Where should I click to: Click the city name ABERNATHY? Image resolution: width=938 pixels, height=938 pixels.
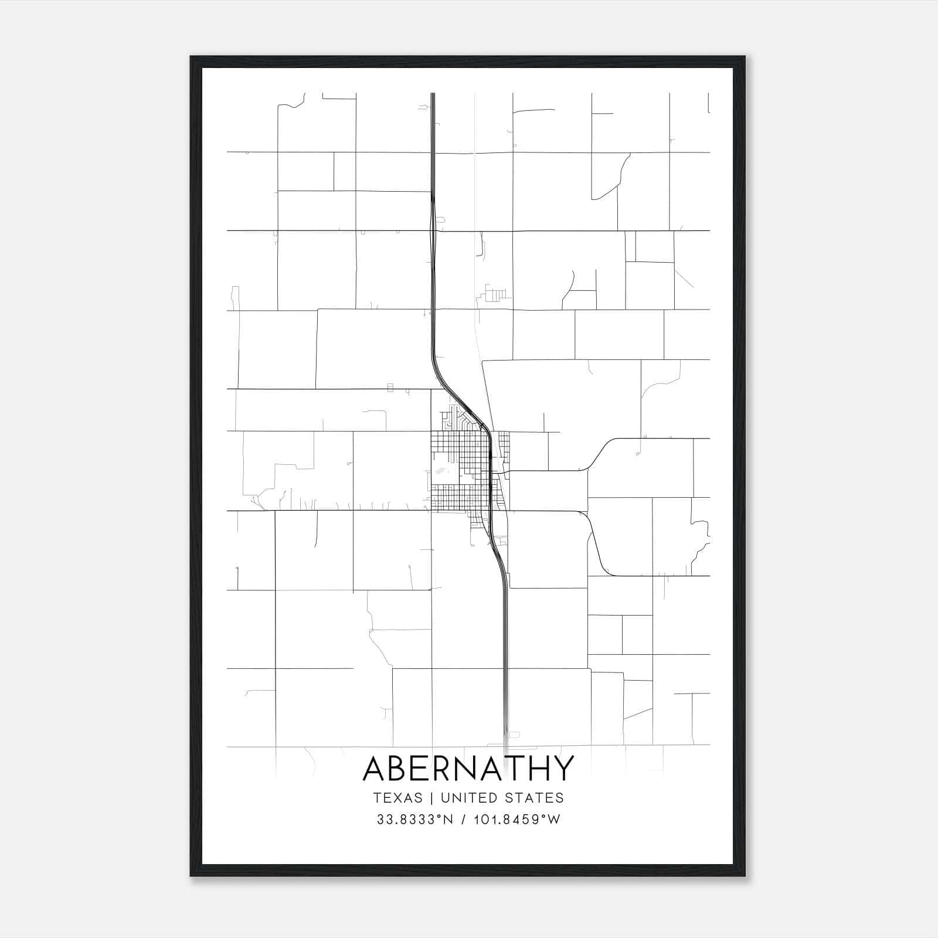[468, 768]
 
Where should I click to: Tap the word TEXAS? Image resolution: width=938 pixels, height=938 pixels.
[397, 798]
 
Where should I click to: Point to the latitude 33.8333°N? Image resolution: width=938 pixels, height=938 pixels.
[415, 820]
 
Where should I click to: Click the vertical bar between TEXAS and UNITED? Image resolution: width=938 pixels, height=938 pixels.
[431, 798]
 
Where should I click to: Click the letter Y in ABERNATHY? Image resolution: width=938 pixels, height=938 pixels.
[562, 768]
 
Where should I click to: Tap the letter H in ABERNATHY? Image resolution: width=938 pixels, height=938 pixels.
[536, 768]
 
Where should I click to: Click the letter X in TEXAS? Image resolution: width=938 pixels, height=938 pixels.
[397, 798]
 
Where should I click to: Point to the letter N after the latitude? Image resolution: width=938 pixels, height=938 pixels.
[450, 820]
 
